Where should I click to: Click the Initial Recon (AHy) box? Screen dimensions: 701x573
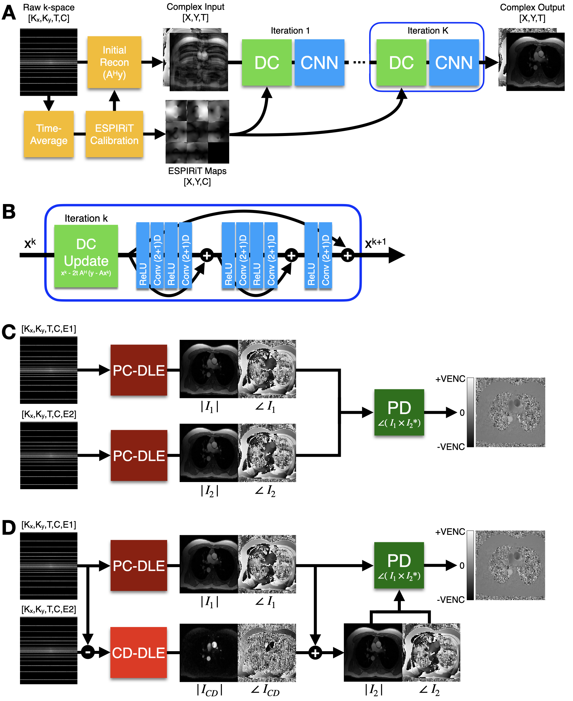coord(114,62)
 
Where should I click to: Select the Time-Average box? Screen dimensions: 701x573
coord(49,134)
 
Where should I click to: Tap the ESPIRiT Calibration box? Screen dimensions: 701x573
coord(114,134)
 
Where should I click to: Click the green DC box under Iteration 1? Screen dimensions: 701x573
coord(267,63)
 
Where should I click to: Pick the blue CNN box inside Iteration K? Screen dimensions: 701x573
coord(454,63)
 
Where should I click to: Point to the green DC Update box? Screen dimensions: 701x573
coord(86,256)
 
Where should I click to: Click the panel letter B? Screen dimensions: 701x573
coord(9,211)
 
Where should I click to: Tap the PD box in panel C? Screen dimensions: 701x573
coord(399,412)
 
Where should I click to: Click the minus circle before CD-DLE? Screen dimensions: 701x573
coord(88,652)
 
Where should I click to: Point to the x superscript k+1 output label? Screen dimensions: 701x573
coord(375,243)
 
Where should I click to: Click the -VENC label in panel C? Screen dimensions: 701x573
coord(451,447)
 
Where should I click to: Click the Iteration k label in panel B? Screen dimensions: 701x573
coord(86,218)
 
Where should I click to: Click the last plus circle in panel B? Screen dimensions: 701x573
coord(348,255)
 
